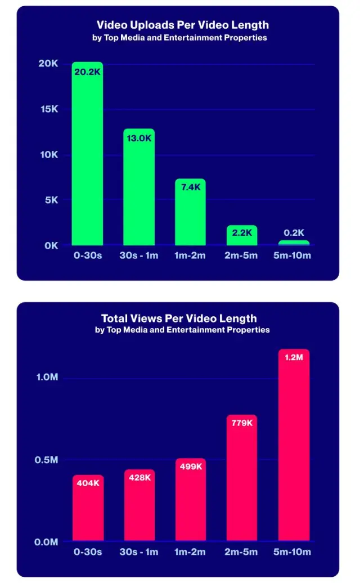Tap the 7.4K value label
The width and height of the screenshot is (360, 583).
click(191, 187)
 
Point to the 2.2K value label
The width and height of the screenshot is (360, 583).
click(242, 233)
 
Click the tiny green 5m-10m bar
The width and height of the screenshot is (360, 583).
click(294, 243)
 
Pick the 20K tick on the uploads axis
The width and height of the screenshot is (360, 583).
click(48, 64)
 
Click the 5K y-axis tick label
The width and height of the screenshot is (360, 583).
click(51, 200)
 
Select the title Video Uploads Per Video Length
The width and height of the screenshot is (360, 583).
click(183, 25)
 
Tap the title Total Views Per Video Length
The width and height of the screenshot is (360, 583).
click(179, 319)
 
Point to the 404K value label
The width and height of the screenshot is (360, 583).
click(88, 483)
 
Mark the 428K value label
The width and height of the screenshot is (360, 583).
click(139, 477)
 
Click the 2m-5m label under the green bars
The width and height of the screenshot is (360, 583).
click(242, 255)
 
